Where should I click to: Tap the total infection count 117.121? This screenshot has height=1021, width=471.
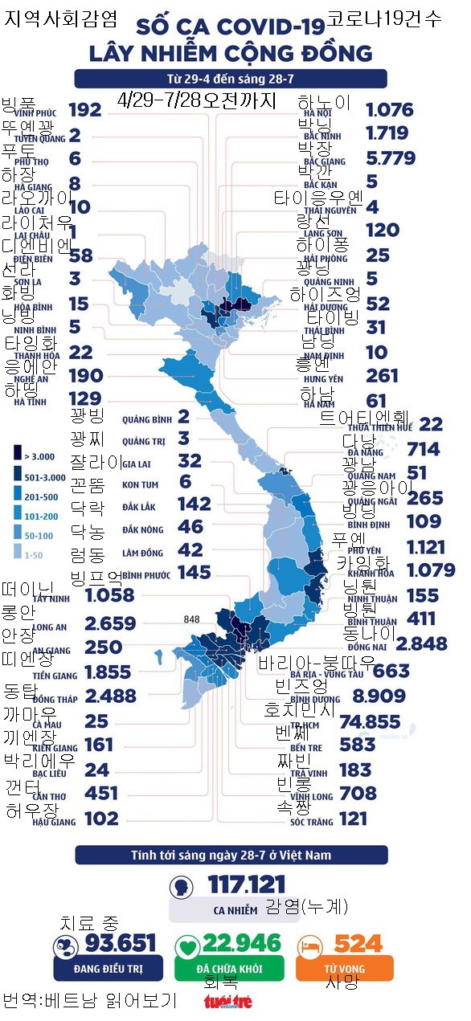(x=247, y=885)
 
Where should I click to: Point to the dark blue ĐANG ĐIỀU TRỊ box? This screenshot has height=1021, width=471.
(x=108, y=968)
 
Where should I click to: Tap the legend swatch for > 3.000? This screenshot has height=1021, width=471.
(x=18, y=455)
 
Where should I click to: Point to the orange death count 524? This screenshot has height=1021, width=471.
(x=358, y=943)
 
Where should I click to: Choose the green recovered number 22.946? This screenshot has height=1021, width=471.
(x=242, y=943)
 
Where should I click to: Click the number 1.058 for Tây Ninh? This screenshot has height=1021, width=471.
(x=110, y=595)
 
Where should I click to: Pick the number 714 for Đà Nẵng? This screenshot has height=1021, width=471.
(x=424, y=448)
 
